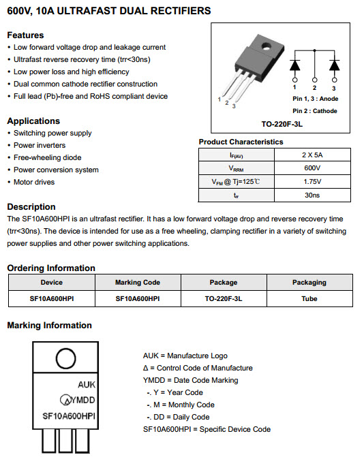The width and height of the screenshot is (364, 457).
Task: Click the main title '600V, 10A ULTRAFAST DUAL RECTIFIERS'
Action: [x=108, y=11]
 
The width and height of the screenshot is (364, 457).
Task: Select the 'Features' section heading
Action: [x=25, y=35]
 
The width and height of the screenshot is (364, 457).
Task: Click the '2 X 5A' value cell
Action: [x=312, y=155]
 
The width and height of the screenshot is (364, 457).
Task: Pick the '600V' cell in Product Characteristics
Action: [x=312, y=168]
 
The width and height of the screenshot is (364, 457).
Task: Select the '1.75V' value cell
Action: [x=312, y=182]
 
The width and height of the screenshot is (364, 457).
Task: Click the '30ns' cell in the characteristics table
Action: [x=312, y=195]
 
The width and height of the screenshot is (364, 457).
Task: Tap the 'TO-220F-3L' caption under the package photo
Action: [x=281, y=124]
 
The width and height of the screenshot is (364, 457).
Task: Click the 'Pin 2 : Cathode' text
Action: [x=315, y=110]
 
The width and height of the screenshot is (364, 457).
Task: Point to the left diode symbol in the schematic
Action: [x=294, y=65]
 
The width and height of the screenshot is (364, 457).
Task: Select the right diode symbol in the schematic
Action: [x=334, y=65]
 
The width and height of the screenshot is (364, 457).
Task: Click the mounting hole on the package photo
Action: [x=267, y=46]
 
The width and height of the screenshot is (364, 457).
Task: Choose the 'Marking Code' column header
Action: [x=137, y=282]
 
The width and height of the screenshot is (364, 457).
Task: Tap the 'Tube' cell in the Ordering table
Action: [x=309, y=298]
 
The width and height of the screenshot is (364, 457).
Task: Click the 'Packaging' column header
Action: [x=309, y=282]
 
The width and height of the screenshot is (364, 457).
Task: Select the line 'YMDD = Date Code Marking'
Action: [x=190, y=380]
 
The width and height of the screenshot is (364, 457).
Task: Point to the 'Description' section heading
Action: [x=31, y=206]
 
